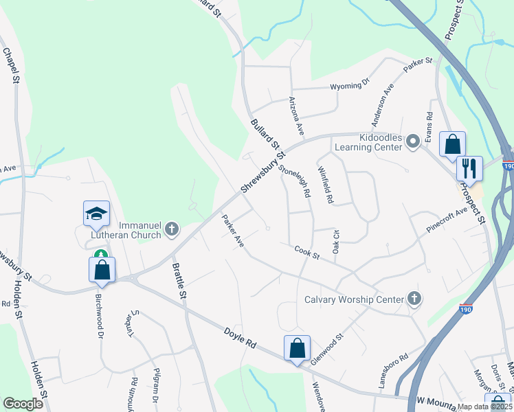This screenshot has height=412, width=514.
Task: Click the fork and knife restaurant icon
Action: pos(469,167)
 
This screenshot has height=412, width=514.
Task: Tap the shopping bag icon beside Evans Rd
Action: pos(452,144)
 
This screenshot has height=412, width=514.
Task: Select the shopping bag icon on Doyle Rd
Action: pos(297,347)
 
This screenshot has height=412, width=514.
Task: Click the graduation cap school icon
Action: pos(96,214)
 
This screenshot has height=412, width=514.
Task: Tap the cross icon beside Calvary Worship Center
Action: pos(413,299)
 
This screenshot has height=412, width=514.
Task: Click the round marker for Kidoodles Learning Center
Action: pos(412,141)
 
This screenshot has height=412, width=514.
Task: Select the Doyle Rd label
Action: pos(239,341)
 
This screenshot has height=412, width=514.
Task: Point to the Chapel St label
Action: pos(11,65)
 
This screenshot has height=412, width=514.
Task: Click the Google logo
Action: pos(23,404)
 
